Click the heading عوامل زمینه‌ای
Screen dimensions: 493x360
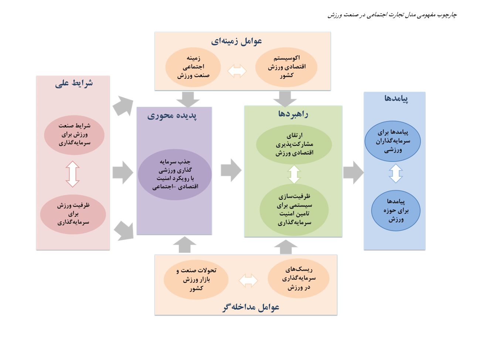237,41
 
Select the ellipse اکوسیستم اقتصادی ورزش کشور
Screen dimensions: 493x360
286,67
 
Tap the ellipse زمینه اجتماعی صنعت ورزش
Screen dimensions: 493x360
193,67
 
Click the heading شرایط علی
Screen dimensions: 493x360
74,84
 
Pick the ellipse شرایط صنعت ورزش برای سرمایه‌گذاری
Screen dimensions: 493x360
74,135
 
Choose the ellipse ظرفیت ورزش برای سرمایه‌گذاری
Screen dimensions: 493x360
73,214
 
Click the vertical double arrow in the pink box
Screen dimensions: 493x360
73,174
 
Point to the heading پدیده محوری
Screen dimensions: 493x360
172,116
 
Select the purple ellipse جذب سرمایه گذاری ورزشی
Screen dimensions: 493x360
175,175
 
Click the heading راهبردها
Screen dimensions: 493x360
293,114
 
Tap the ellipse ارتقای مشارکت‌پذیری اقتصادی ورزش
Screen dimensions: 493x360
294,145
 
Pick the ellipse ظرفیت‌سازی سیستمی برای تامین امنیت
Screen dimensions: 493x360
294,210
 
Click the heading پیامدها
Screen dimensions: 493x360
396,98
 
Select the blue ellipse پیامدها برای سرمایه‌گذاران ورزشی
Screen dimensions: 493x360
392,141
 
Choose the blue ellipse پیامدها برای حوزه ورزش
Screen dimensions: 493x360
396,211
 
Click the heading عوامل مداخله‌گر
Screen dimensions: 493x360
251,307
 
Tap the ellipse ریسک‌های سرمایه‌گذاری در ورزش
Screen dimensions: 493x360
299,278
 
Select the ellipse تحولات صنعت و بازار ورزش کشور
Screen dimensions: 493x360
196,279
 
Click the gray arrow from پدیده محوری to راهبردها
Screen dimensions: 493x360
231,170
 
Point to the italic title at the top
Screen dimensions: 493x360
392,15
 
